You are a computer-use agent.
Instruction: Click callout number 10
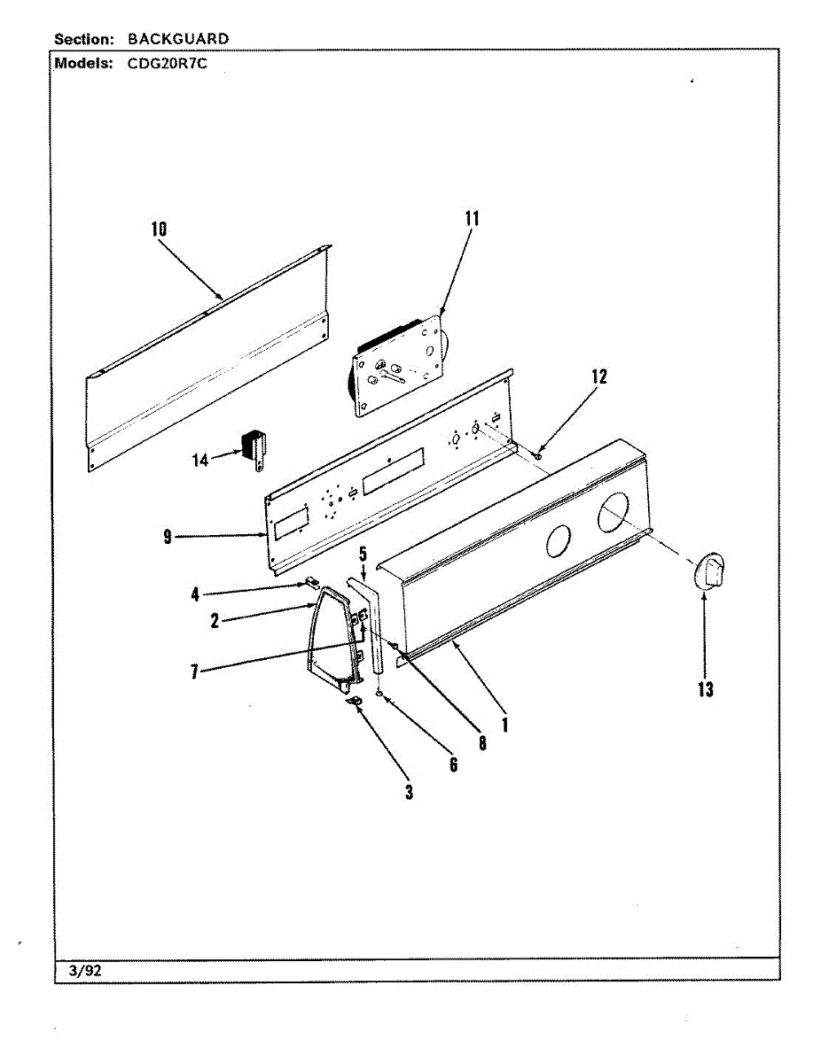pyautogui.click(x=159, y=229)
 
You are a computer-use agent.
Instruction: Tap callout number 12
pyautogui.click(x=599, y=376)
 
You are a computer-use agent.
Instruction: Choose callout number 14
pyautogui.click(x=200, y=460)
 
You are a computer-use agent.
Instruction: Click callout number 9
pyautogui.click(x=168, y=537)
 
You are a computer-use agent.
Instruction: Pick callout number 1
pyautogui.click(x=504, y=724)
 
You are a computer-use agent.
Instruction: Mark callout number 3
pyautogui.click(x=409, y=792)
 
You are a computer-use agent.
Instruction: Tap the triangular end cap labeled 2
pyautogui.click(x=335, y=638)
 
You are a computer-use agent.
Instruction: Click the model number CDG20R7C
pyautogui.click(x=167, y=64)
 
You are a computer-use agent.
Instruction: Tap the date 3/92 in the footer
pyautogui.click(x=85, y=970)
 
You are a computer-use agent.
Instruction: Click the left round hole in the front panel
pyautogui.click(x=557, y=540)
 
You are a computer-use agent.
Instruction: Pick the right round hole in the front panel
pyautogui.click(x=614, y=514)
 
